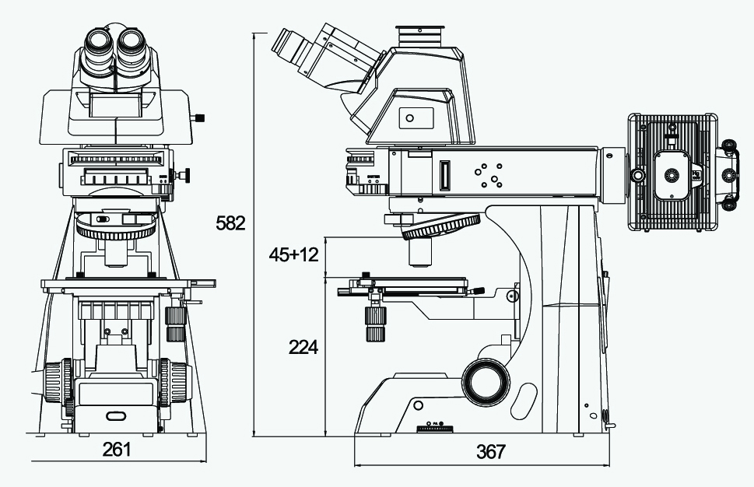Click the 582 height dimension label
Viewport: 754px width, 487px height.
[x=230, y=223]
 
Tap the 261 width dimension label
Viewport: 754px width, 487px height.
[x=117, y=449]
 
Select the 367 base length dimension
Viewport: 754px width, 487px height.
[x=491, y=451]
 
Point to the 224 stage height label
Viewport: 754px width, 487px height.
[x=303, y=347]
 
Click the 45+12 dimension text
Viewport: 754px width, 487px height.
[x=293, y=255]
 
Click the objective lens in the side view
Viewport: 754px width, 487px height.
[x=420, y=253]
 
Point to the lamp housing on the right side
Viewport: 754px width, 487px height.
[x=672, y=172]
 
